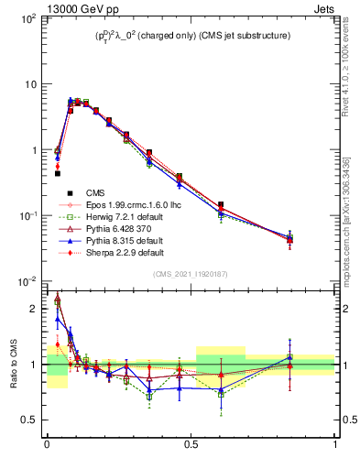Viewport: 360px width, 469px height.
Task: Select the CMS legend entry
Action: pos(96,193)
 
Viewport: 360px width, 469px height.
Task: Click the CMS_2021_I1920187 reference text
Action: pos(191,273)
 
